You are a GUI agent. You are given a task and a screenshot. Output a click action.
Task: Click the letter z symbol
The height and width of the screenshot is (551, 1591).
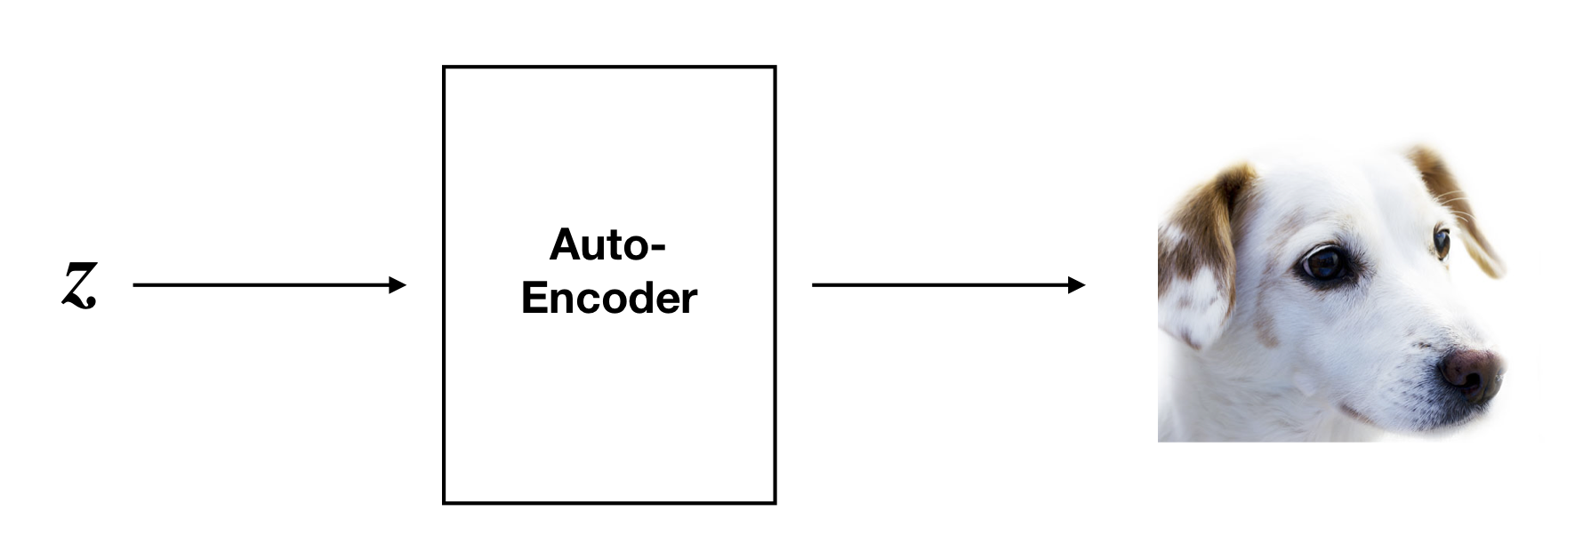point(78,285)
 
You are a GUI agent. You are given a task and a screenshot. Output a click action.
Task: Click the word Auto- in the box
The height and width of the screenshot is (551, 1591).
point(607,244)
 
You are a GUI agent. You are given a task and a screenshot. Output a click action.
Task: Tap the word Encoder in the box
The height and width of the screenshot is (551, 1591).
point(609,298)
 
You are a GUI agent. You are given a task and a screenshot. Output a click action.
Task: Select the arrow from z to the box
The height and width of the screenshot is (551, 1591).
point(269,285)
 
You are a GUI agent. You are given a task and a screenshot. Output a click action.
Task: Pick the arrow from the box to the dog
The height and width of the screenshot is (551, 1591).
point(949,285)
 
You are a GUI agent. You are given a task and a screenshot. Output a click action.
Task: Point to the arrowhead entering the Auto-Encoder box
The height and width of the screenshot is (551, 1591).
point(398,285)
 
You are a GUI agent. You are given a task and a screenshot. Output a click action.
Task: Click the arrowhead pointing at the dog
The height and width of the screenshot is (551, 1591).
point(1078,285)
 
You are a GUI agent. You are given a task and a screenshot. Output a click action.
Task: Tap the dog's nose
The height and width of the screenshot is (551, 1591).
point(1471,372)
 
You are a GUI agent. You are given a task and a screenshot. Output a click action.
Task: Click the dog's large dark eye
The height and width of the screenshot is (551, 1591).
point(1325,264)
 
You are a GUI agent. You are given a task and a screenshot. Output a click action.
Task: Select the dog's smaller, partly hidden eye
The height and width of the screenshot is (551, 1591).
point(1442,243)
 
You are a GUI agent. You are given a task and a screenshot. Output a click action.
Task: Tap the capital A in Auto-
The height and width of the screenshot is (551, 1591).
point(566,244)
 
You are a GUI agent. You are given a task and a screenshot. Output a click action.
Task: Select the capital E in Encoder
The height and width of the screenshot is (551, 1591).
point(535,298)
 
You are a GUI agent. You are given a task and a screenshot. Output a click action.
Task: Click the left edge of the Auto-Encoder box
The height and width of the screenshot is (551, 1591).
point(444,285)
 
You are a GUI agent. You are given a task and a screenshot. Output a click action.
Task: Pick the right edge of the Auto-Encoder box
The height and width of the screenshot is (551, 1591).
point(775,285)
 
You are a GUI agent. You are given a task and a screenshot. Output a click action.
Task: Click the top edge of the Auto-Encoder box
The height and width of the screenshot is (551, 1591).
point(609,67)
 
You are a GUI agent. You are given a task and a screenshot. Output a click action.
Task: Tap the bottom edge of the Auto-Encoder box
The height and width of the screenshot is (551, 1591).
point(609,503)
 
